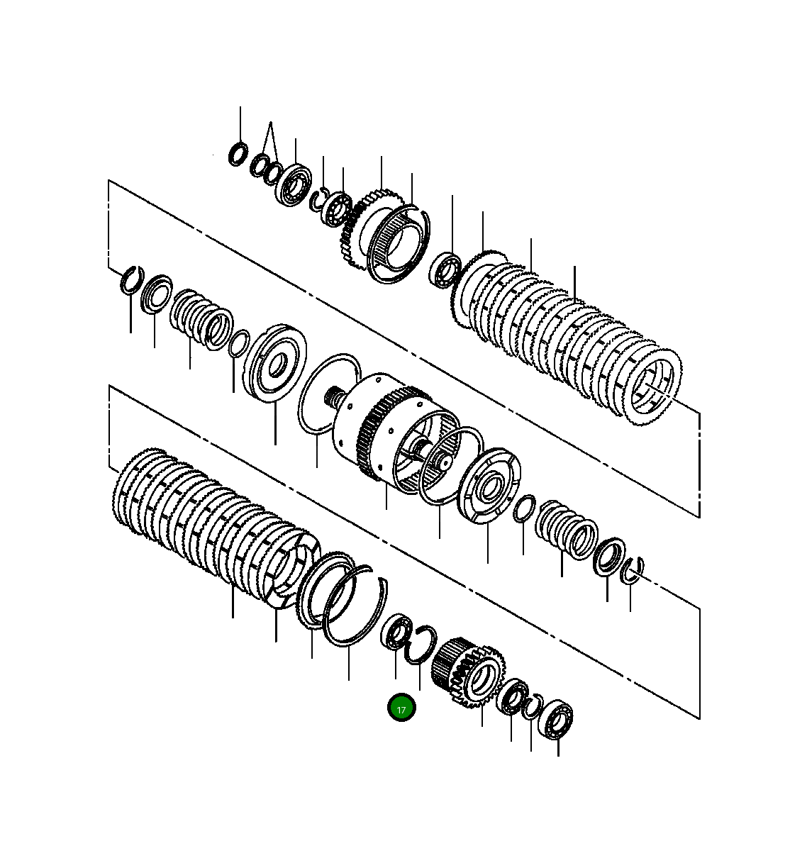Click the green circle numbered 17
pyautogui.click(x=401, y=708)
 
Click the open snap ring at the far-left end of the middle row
pyautogui.click(x=130, y=280)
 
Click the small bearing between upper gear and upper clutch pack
pyautogui.click(x=446, y=269)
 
